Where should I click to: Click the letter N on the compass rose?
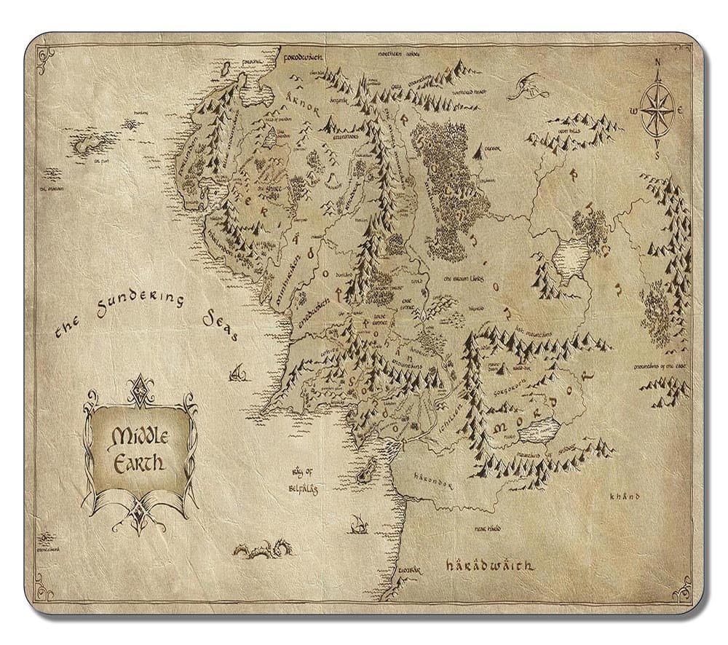657,63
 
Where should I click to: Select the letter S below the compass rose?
657,155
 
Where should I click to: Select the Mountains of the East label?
664,366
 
